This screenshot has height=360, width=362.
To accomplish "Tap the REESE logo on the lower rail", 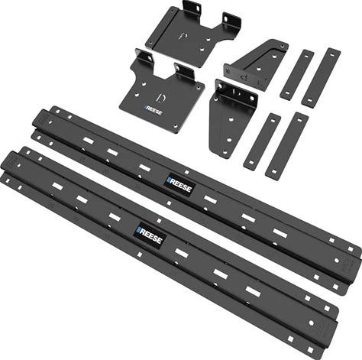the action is click(x=150, y=235).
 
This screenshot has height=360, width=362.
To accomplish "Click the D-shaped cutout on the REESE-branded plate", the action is click(x=161, y=98).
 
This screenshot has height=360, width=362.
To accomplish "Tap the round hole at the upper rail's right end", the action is click(x=337, y=261).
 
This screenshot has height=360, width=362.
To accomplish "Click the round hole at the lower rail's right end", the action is click(x=311, y=323).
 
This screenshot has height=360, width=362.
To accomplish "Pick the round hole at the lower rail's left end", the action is click(x=18, y=165).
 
